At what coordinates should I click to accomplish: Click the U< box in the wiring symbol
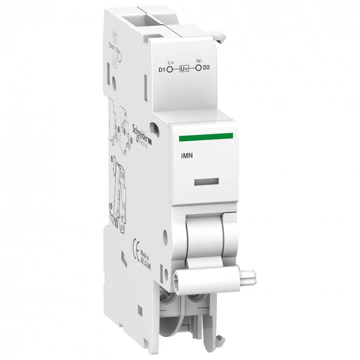(x=184, y=69)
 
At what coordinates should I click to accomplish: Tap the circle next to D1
(x=170, y=69)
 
